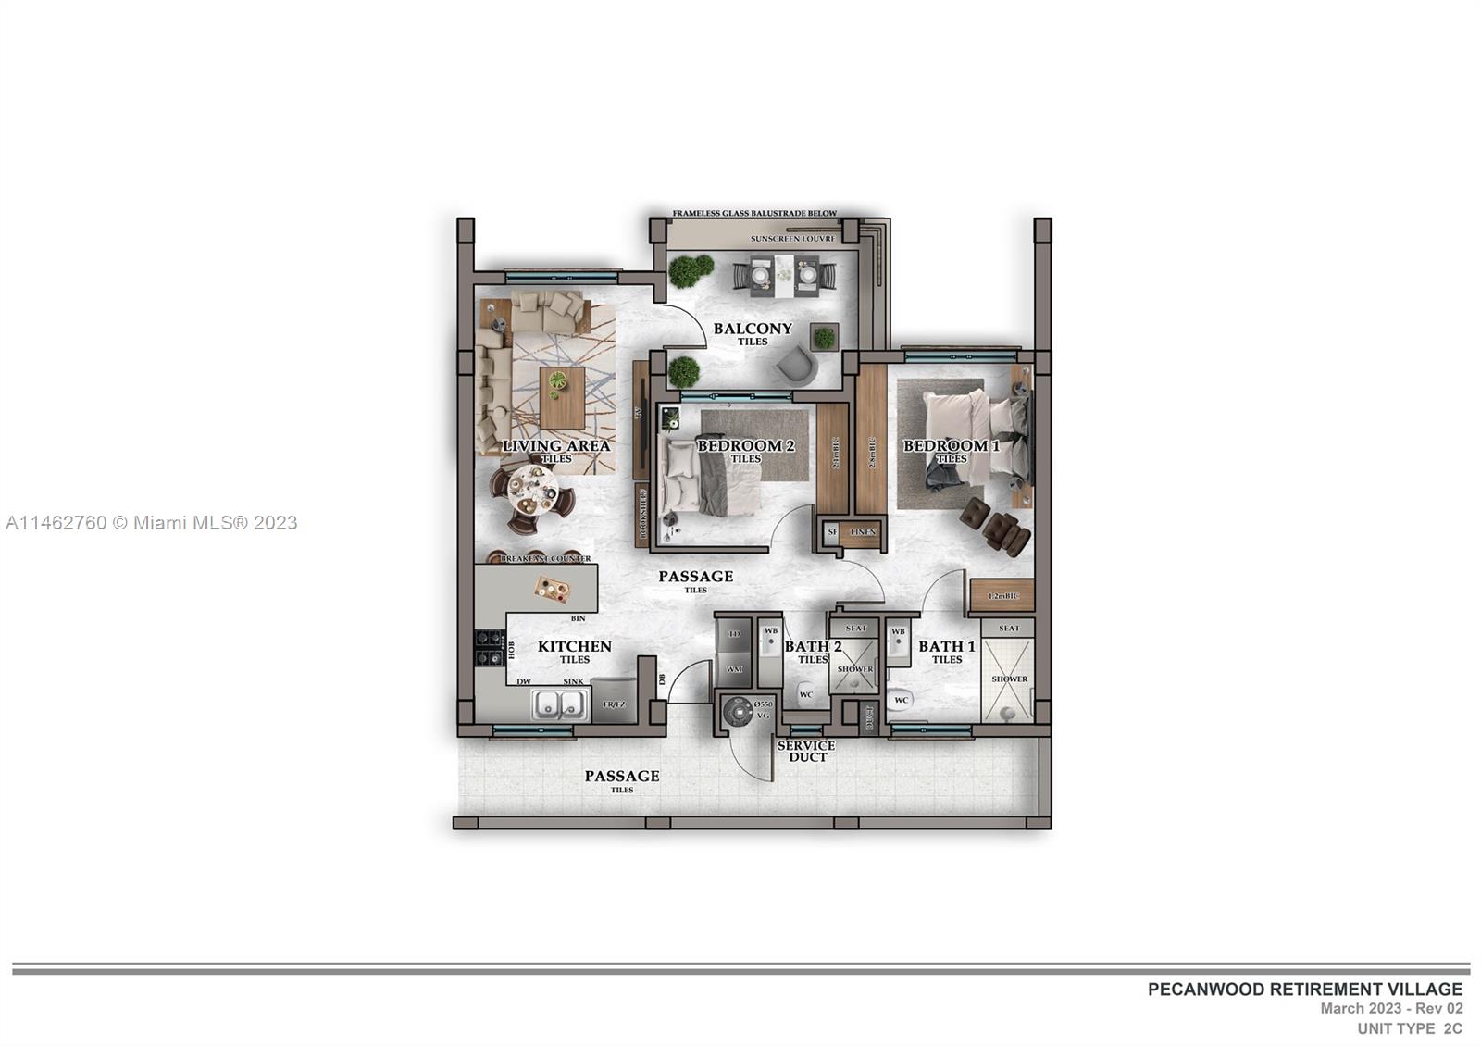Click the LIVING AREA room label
point(556,446)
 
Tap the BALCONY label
point(753,329)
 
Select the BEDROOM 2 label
point(745,446)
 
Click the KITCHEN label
point(574,647)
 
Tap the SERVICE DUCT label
point(805,751)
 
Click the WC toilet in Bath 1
point(900,701)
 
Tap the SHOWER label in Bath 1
point(1009,679)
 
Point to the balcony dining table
point(784,275)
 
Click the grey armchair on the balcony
point(795,364)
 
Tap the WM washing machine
point(734,667)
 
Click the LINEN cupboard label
point(862,532)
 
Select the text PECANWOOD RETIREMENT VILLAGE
point(1304,990)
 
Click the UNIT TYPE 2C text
point(1409,1028)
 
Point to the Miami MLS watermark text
point(152,523)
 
